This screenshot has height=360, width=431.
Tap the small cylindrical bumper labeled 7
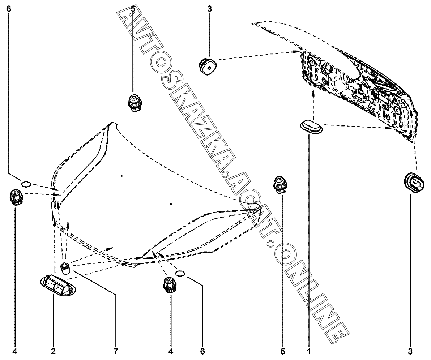[x=65, y=268]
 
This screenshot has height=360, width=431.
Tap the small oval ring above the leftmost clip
[x=26, y=184]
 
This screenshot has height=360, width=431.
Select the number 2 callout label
[x=54, y=351]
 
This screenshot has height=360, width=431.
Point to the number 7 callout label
[x=116, y=351]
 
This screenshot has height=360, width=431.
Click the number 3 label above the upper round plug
[x=209, y=9]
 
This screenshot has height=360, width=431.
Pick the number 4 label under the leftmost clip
[x=15, y=351]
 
